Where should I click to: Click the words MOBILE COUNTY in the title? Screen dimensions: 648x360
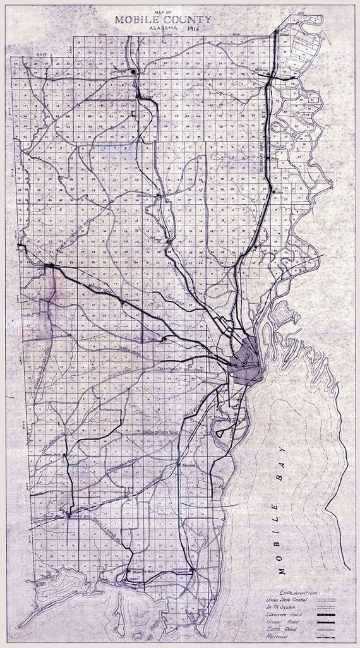click(x=163, y=20)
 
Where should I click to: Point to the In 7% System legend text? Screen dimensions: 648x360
click(x=281, y=606)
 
